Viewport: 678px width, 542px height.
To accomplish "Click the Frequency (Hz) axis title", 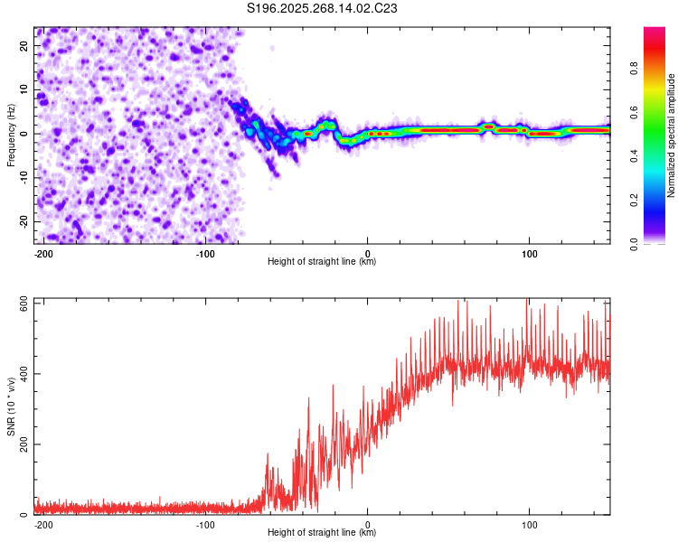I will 12,135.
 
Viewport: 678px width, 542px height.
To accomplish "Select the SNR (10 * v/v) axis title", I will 12,406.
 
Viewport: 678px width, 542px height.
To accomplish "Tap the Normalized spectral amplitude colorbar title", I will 671,135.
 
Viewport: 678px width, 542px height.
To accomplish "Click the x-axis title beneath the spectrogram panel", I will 322,262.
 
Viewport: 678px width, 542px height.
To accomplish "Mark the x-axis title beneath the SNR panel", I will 322,533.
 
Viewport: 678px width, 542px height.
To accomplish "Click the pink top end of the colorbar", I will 654,32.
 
